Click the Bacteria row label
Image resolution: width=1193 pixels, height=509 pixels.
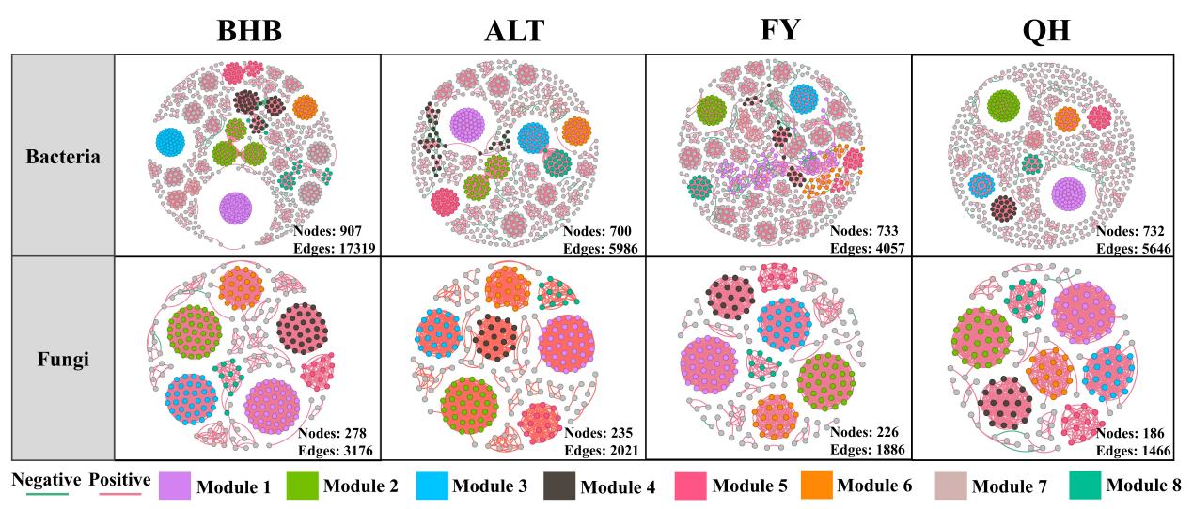coord(63,156)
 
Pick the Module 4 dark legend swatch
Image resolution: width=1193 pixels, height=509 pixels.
coord(559,485)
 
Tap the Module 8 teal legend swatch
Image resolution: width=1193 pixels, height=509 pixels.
coord(1085,485)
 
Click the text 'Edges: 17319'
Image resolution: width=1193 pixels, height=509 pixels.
coord(336,247)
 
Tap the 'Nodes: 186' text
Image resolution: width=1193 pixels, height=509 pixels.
coord(1130,433)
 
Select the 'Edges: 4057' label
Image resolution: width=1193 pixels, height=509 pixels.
coord(871,247)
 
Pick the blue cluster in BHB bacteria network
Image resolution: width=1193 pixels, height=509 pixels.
coord(171,142)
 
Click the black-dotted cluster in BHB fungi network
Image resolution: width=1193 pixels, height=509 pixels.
coord(302,328)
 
